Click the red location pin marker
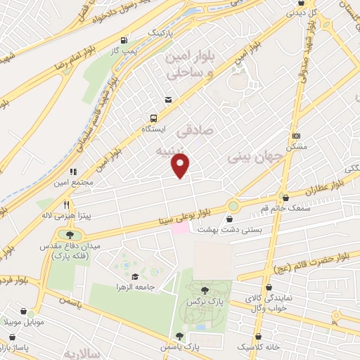pos(181,167)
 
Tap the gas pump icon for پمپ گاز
pos(124,40)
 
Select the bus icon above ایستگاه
pos(153,119)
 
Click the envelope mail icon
pos(168,100)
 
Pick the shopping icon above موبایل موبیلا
pos(25,311)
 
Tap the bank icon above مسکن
pos(296,136)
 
